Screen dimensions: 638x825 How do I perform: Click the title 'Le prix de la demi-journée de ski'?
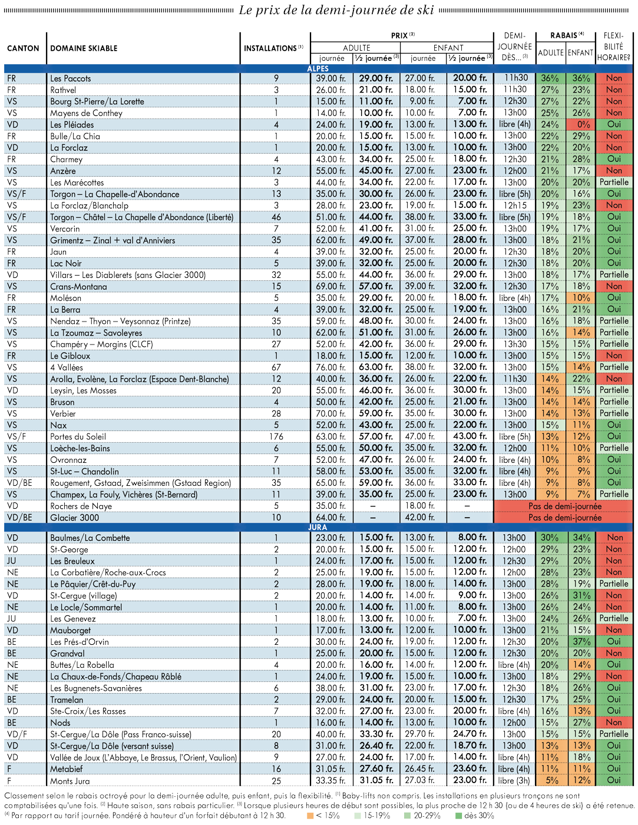(336, 10)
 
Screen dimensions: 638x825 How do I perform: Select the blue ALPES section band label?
(318, 69)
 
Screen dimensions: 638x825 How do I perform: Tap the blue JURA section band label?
(318, 528)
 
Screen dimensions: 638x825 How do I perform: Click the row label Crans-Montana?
(78, 287)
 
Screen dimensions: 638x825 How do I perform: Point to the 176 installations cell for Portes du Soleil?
(276, 436)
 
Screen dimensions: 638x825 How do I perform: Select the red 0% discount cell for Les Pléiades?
(580, 124)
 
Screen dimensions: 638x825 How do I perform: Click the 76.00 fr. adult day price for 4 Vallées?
(330, 367)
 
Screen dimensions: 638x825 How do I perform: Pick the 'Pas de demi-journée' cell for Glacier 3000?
(565, 518)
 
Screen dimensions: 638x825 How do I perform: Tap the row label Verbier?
(63, 413)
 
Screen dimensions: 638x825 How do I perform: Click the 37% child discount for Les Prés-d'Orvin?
(580, 642)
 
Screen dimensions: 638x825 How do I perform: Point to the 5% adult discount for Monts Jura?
(550, 781)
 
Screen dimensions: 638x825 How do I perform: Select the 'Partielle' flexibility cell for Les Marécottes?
(614, 182)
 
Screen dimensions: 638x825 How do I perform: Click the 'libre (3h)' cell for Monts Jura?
(514, 781)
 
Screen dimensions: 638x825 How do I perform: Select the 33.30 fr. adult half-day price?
(376, 734)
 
